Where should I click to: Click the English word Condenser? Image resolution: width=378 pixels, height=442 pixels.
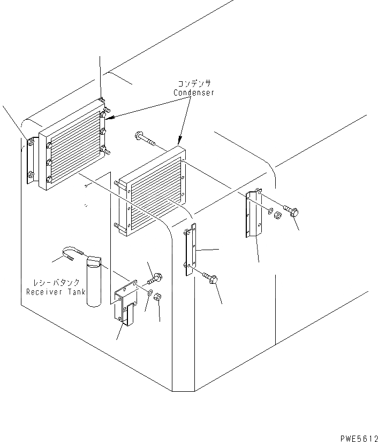click(x=193, y=92)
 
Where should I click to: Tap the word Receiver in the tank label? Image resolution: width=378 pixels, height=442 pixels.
click(x=45, y=292)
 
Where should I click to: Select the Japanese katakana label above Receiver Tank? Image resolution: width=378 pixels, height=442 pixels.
click(x=53, y=283)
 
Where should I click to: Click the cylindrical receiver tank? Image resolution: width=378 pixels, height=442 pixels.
click(x=95, y=282)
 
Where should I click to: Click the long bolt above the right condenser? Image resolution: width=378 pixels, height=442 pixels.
click(x=145, y=138)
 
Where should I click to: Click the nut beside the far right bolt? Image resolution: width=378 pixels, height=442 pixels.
click(x=278, y=216)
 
